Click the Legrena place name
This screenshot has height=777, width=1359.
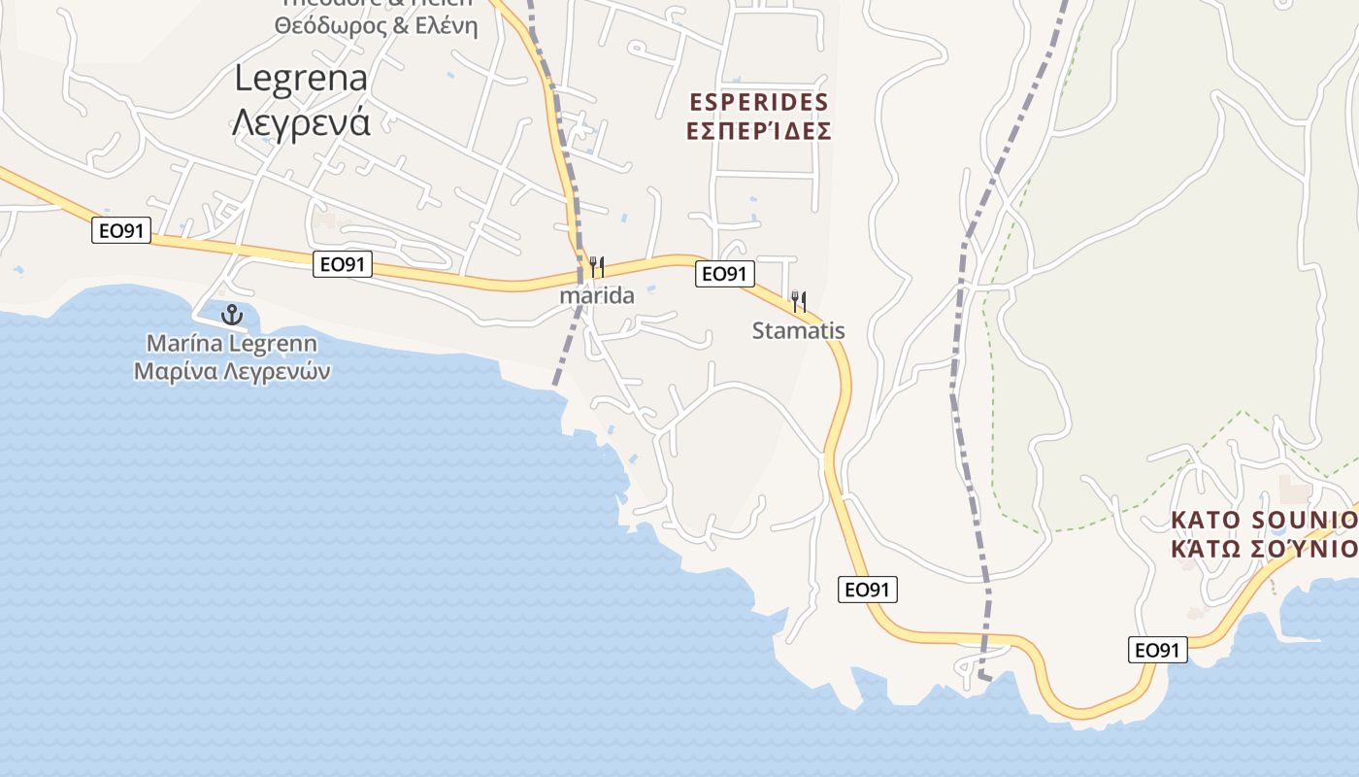point(301,79)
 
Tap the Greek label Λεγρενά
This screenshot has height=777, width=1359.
point(301,123)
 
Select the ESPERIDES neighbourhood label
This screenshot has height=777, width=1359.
point(758,102)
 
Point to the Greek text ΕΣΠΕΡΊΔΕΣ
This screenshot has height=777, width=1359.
point(758,131)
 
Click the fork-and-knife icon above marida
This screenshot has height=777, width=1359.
point(597,266)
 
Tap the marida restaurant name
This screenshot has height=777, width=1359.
point(597,295)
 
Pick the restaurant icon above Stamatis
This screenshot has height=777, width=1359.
point(799,301)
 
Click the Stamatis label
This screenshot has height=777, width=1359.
point(799,331)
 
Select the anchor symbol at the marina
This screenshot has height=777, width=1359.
point(231,314)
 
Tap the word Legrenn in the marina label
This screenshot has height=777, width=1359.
point(276,344)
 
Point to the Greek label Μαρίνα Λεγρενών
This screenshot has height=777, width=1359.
point(232,371)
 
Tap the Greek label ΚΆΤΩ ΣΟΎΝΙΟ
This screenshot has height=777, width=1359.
point(1263,549)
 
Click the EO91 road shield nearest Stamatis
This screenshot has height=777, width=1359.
point(725,274)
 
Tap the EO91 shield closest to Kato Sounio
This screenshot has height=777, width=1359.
point(1158,650)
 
